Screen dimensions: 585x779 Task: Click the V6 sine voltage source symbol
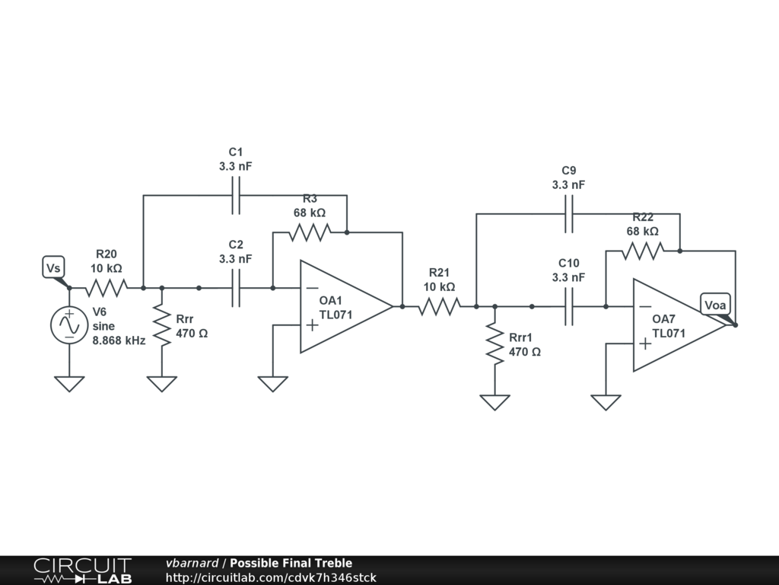pos(69,325)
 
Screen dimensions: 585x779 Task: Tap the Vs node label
pos(53,268)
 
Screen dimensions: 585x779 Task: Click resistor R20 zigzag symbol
pos(107,288)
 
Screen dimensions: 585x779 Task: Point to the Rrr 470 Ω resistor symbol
pos(161,326)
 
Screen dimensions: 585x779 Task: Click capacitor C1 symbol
pos(236,196)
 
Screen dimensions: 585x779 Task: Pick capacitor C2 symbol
pos(236,288)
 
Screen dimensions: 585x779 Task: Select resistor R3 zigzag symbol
pos(310,232)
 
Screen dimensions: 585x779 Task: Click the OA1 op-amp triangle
pos(342,306)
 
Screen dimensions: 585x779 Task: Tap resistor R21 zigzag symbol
pos(440,306)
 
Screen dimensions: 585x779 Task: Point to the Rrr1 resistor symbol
pos(494,345)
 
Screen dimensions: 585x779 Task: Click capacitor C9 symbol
pos(568,214)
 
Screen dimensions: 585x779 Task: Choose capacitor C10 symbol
pos(568,306)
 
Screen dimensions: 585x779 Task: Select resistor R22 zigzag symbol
pos(643,250)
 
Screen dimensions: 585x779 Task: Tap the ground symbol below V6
pos(69,383)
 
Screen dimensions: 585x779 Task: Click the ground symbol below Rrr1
pos(494,402)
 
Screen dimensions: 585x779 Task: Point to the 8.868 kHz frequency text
pos(119,341)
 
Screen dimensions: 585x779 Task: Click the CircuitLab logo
pos(82,571)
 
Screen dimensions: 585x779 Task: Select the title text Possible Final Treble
pos(291,564)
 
